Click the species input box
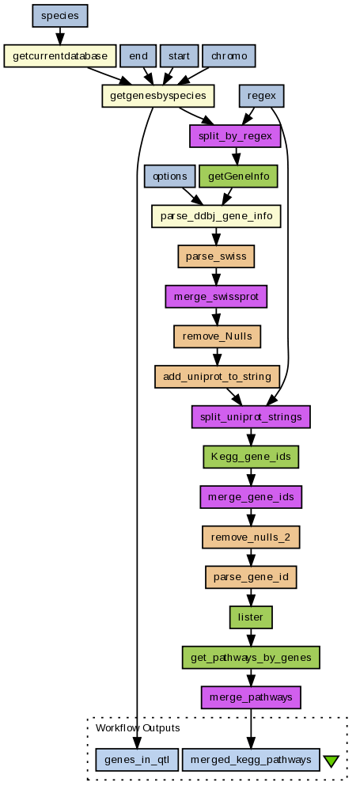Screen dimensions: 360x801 pyautogui.click(x=60, y=15)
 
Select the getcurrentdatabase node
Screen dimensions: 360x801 pyautogui.click(x=60, y=55)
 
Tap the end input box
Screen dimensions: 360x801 pyautogui.click(x=138, y=55)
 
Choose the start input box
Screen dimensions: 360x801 pyautogui.click(x=179, y=55)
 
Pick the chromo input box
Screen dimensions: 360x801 pyautogui.click(x=229, y=55)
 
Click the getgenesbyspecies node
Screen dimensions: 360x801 pyautogui.click(x=157, y=96)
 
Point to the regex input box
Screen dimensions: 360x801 pyautogui.click(x=261, y=96)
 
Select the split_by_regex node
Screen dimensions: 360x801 pyautogui.click(x=235, y=136)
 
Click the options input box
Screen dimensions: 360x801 pyautogui.click(x=169, y=177)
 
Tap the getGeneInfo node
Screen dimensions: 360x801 pyautogui.click(x=238, y=177)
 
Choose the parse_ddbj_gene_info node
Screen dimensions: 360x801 pyautogui.click(x=216, y=216)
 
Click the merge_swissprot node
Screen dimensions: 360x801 pyautogui.click(x=216, y=296)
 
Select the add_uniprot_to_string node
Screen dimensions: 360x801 pyautogui.click(x=217, y=377)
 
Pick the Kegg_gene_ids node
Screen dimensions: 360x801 pyautogui.click(x=251, y=457)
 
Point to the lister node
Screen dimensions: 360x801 pyautogui.click(x=251, y=617)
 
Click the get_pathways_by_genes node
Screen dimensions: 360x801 pyautogui.click(x=251, y=658)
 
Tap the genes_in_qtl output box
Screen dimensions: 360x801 pyautogui.click(x=137, y=760)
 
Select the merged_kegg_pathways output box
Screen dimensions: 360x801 pyautogui.click(x=251, y=760)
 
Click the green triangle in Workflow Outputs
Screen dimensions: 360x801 pyautogui.click(x=331, y=761)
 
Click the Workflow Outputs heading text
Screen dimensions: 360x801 pyautogui.click(x=138, y=727)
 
